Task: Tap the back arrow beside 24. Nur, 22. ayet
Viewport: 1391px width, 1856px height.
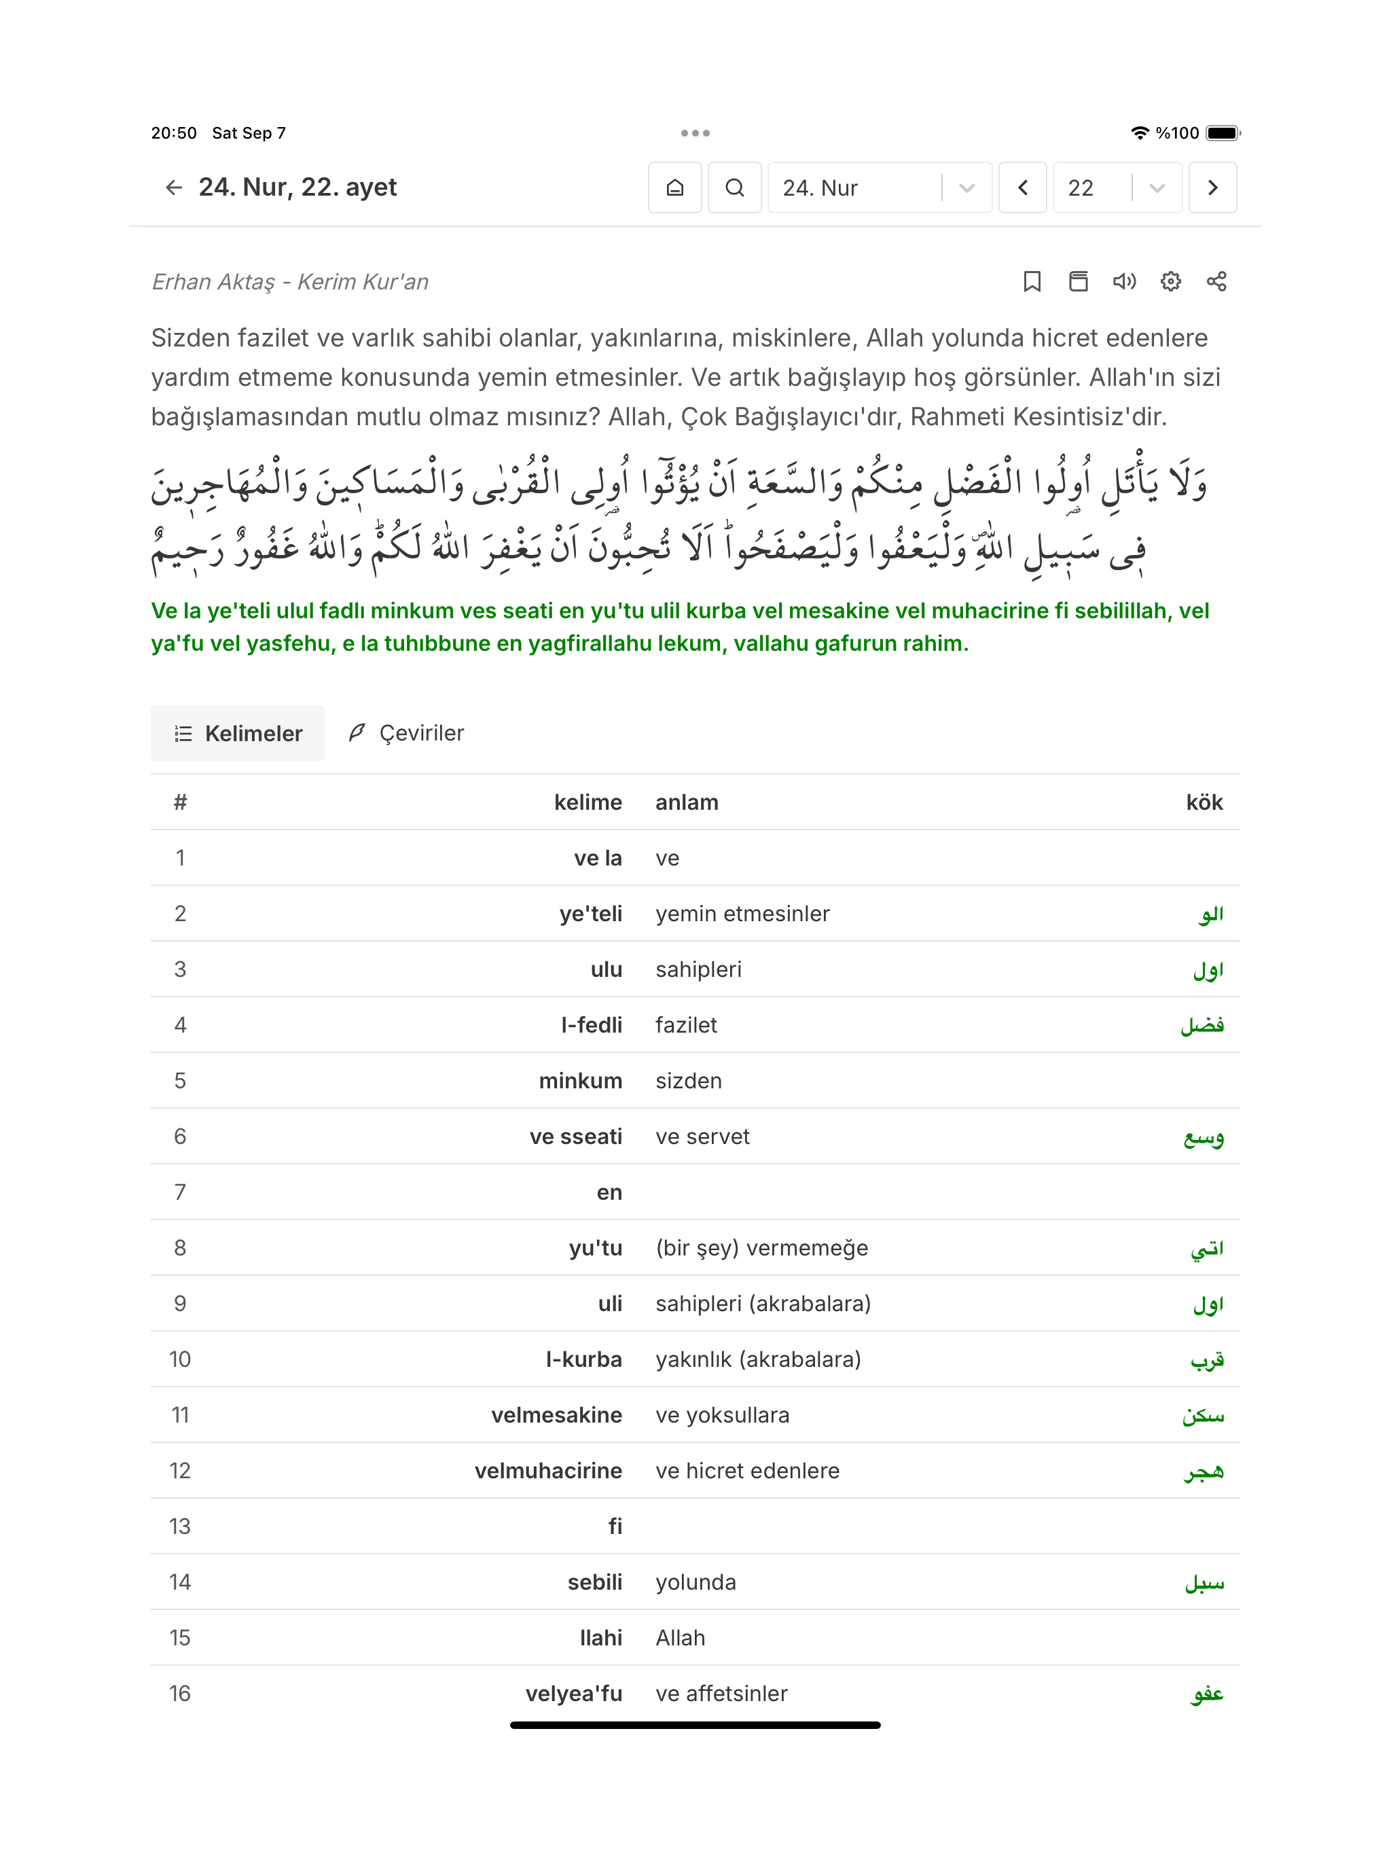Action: (x=174, y=187)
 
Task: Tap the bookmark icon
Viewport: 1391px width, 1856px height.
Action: (x=1032, y=282)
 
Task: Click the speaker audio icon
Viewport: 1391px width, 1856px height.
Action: (x=1124, y=282)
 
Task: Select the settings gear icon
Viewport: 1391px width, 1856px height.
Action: (x=1170, y=282)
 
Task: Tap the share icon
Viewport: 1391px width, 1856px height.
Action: (x=1216, y=282)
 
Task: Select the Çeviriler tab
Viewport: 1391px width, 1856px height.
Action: (x=407, y=733)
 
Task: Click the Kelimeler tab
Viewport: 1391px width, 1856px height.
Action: (x=238, y=733)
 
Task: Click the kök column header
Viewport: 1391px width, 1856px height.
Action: (x=1204, y=803)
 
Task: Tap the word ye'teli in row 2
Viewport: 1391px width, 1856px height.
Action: (x=591, y=914)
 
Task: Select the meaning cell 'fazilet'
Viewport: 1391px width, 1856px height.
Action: (x=686, y=1025)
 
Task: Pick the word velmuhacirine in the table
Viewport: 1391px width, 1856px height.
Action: (x=548, y=1471)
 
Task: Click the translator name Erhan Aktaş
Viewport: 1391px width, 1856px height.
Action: (x=213, y=282)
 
